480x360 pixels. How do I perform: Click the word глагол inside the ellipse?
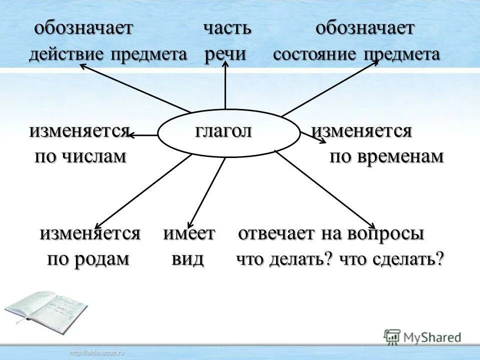pos(223,131)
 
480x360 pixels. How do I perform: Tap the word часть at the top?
pos(226,28)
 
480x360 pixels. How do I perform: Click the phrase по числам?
pos(80,157)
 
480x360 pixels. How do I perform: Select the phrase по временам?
pos(386,157)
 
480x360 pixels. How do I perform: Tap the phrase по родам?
pos(88,259)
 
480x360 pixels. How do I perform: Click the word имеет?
pos(189,233)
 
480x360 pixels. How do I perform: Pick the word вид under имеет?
pos(187,259)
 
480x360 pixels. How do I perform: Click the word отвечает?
pos(283,233)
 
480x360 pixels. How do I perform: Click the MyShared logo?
pos(422,336)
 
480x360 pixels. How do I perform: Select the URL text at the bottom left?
pos(97,353)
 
